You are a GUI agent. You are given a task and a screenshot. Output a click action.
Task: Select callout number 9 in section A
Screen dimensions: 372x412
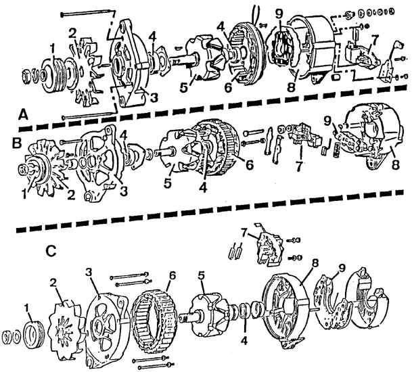(x=278, y=12)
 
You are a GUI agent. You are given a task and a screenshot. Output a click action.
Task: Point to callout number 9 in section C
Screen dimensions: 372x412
(x=341, y=268)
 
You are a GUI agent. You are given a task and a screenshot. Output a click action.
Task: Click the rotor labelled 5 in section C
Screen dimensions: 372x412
(x=209, y=315)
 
